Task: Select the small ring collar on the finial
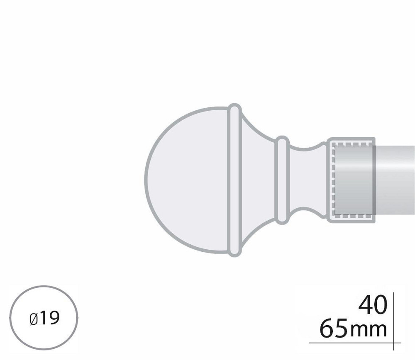click(x=283, y=179)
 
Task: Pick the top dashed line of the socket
click(x=353, y=144)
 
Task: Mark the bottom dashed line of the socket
click(x=353, y=216)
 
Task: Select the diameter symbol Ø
click(x=34, y=319)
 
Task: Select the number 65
click(x=333, y=329)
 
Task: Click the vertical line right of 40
click(x=393, y=307)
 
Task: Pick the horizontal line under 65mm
click(x=353, y=343)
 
